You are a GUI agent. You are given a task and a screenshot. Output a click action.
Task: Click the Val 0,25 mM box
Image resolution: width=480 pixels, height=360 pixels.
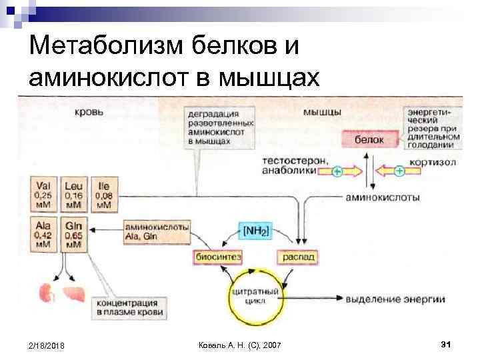(x=43, y=193)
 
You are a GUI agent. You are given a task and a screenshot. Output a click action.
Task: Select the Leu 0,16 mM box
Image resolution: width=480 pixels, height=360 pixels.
(x=73, y=193)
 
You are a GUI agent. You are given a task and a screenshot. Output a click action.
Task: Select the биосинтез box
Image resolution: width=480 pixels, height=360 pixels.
(x=213, y=257)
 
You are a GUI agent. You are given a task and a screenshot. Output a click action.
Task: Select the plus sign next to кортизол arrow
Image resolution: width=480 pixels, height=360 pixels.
(x=399, y=171)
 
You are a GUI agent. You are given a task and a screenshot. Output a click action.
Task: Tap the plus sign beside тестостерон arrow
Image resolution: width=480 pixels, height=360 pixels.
(x=337, y=171)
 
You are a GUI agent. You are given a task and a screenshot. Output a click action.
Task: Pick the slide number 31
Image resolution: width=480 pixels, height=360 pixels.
(x=447, y=344)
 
